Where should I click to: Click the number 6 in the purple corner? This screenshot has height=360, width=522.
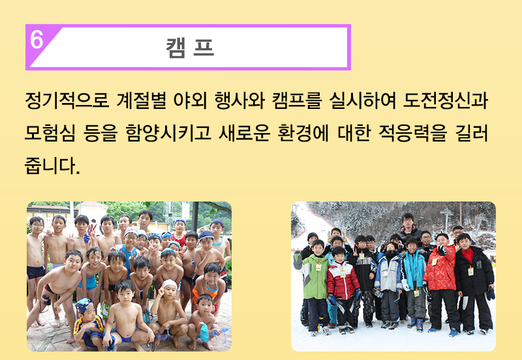click(x=37, y=40)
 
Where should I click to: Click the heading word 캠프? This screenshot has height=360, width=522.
click(x=190, y=48)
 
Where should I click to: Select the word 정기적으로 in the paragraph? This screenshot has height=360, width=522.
click(x=67, y=100)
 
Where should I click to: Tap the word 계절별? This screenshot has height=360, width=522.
click(x=142, y=100)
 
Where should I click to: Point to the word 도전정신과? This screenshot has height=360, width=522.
click(x=446, y=100)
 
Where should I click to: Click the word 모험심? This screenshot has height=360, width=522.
click(x=50, y=133)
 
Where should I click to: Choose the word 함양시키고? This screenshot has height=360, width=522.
click(x=168, y=133)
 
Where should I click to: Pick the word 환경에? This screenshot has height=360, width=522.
click(x=303, y=133)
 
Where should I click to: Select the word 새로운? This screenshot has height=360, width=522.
click(x=244, y=133)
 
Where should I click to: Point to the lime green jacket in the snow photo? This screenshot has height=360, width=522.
click(x=315, y=277)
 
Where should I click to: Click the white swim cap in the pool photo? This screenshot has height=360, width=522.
click(x=170, y=284)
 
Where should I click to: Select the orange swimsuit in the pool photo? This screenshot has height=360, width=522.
click(x=204, y=295)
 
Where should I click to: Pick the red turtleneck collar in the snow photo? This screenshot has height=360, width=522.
click(x=467, y=255)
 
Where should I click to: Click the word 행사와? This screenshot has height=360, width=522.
click(x=239, y=100)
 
